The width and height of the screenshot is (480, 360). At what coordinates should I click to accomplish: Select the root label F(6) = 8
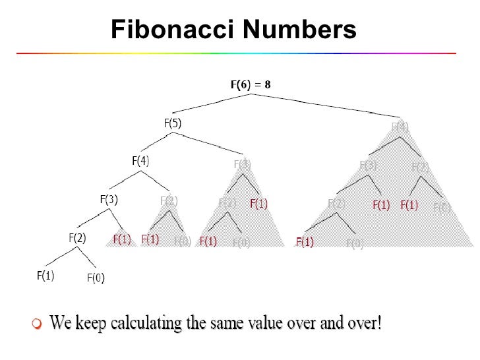250,84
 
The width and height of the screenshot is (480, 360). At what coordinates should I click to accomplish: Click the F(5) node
173,123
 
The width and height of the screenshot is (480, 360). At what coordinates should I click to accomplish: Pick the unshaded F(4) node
140,160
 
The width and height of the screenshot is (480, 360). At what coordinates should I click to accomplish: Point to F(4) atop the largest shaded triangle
400,127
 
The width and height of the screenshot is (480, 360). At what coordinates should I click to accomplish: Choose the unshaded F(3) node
109,198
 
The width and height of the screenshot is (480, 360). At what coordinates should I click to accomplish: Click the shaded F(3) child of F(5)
242,164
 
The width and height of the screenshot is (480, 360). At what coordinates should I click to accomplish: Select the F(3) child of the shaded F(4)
368,165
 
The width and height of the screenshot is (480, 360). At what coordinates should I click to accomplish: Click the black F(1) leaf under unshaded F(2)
45,275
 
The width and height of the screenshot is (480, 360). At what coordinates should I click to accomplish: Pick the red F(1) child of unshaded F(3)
122,239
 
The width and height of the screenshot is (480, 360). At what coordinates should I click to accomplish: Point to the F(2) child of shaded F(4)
420,167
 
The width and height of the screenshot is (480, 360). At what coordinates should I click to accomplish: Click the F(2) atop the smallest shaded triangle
169,201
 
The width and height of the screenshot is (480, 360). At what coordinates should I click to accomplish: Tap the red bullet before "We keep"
37,323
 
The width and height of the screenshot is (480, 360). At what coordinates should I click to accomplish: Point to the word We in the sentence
61,323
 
